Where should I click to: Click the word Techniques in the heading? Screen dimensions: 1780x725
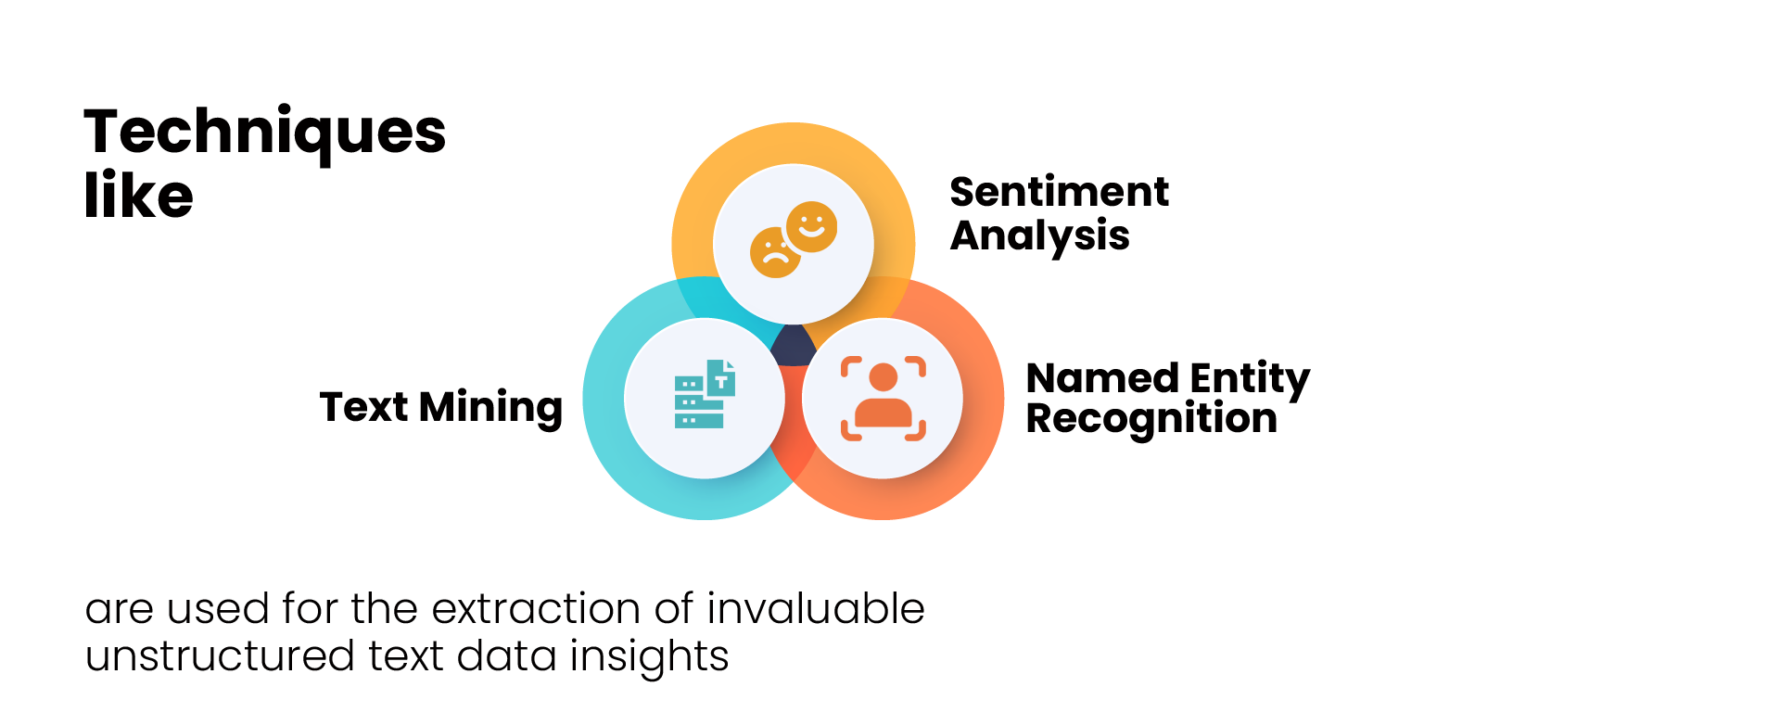point(265,134)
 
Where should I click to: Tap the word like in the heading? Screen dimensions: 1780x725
point(139,195)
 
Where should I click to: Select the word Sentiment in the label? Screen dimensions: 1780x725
point(1060,192)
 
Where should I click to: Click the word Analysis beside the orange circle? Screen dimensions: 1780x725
point(1040,236)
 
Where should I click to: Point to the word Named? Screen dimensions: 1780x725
point(1102,378)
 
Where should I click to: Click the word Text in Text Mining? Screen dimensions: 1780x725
point(363,407)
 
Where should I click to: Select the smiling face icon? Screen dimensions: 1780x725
point(811,227)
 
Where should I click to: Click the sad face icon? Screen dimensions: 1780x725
point(775,252)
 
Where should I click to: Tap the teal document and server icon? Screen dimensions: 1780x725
point(705,394)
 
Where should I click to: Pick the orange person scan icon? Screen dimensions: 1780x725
point(883,399)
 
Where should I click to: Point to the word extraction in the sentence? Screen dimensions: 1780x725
point(536,609)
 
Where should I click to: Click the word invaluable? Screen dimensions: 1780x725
point(816,609)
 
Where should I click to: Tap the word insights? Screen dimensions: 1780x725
point(649,657)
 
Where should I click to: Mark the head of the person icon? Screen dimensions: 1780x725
point(883,377)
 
